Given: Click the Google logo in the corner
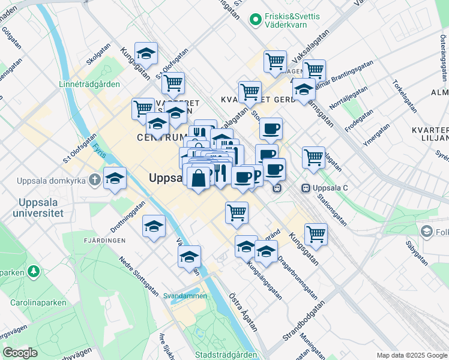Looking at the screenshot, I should (20, 352).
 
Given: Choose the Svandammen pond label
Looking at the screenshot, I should (185, 296).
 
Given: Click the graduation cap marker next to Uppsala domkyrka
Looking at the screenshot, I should (115, 178).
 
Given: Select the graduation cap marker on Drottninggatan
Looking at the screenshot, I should (154, 226).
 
